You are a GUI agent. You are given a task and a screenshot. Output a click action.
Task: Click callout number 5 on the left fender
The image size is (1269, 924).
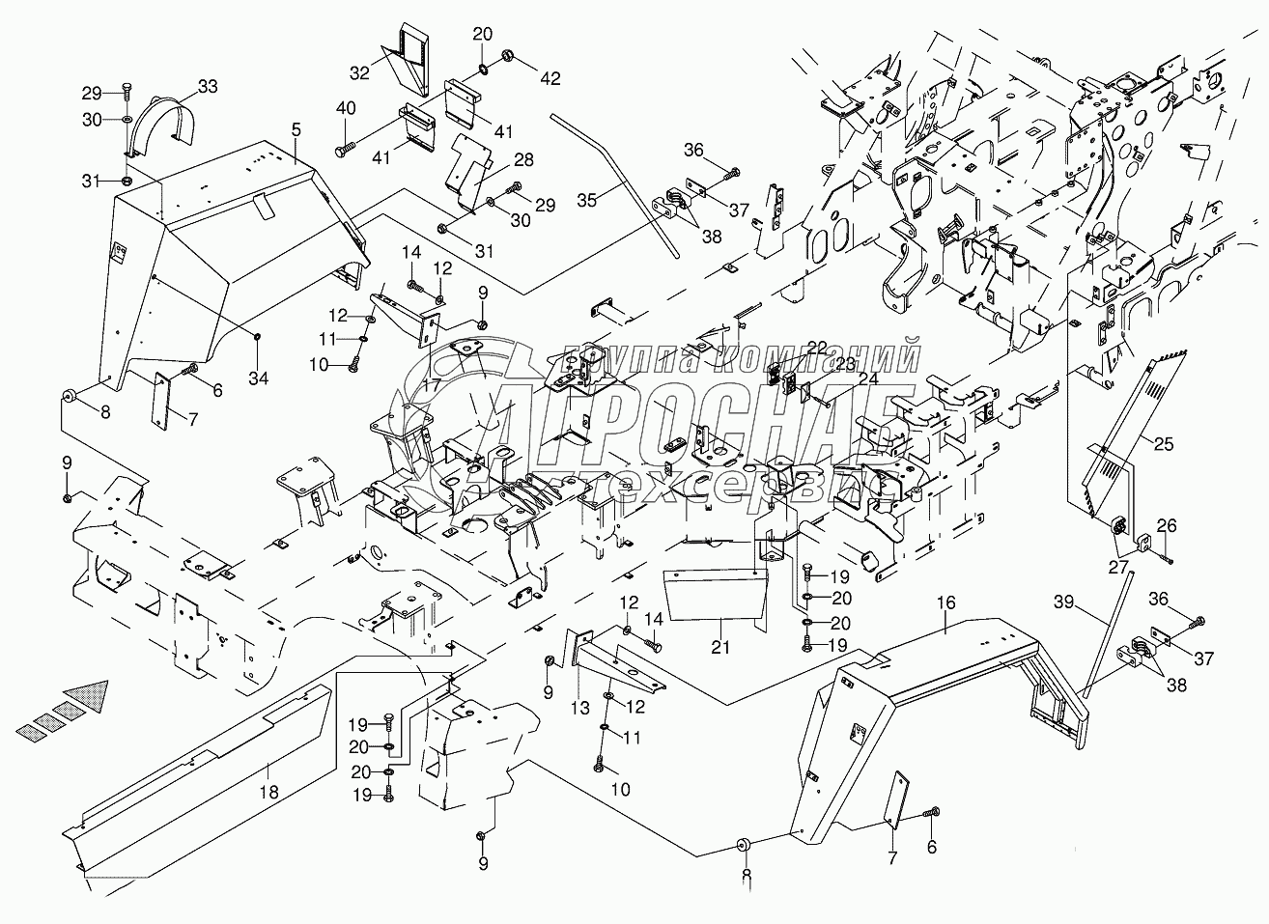(296, 128)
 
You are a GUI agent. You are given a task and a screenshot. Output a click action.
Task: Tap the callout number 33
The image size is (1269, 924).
(209, 87)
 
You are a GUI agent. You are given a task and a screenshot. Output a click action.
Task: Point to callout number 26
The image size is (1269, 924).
(1167, 526)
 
